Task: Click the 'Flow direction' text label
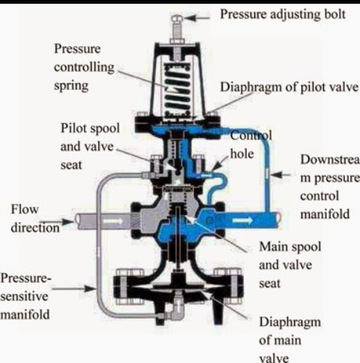point(28,217)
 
